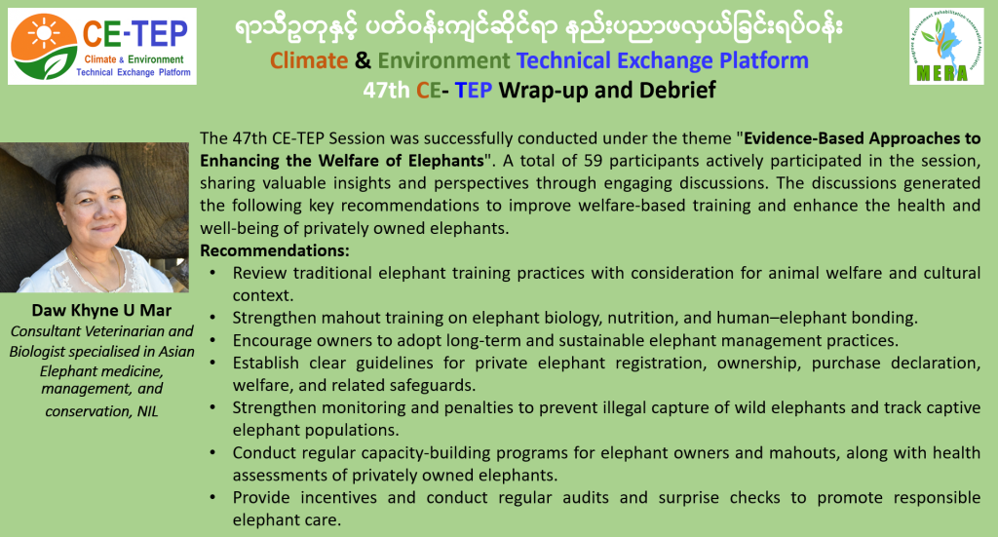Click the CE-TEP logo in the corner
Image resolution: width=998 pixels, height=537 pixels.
point(101,46)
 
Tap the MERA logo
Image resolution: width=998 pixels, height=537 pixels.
point(946,46)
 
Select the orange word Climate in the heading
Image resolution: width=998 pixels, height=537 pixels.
point(309,60)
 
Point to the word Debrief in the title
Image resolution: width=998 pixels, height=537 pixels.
point(677,91)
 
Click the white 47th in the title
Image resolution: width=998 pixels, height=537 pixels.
point(386,91)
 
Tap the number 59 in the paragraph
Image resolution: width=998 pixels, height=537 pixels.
point(593,161)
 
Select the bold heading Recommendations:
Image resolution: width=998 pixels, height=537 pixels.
point(274,250)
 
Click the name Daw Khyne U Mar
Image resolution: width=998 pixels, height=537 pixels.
point(101,311)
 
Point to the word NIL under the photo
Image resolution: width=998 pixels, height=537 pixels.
point(147,411)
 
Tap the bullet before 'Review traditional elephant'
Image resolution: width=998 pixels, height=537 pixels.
point(213,273)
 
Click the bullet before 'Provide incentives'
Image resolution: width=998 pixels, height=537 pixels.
point(213,498)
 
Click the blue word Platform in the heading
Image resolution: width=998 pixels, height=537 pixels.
point(764,60)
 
